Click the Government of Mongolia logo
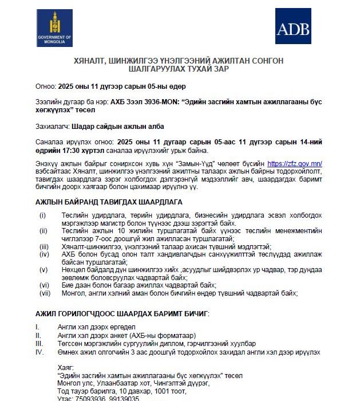[x=54, y=28]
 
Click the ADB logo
[x=294, y=26]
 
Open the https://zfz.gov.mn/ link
[x=303, y=163]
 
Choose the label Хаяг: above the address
[x=66, y=366]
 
